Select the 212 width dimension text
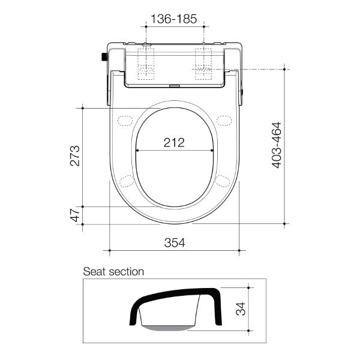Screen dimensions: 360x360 [174, 142]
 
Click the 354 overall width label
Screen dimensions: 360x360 [174, 242]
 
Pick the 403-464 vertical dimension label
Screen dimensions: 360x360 [277, 145]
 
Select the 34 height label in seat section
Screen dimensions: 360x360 [239, 309]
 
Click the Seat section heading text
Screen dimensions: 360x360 [113, 272]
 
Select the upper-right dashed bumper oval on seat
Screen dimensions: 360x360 [224, 121]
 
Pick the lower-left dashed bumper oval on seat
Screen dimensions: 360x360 [127, 181]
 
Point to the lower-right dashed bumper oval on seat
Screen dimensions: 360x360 [223, 181]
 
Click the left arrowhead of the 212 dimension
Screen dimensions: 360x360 [138, 150]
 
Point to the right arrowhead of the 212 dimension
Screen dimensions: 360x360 [212, 150]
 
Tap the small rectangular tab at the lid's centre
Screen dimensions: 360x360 [175, 85]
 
